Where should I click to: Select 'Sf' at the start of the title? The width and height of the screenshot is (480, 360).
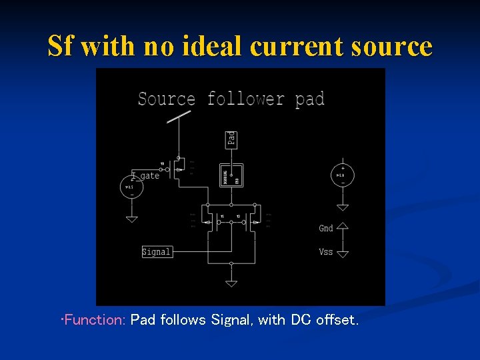coord(59,47)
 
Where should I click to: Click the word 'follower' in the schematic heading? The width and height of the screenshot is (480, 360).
coord(245,99)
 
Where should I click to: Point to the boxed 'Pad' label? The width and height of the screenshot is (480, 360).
coord(231,139)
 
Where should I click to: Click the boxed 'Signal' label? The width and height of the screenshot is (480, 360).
coord(157,251)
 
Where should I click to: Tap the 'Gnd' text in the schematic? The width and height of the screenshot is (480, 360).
coord(326,228)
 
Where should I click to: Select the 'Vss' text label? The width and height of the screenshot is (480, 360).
coord(326,252)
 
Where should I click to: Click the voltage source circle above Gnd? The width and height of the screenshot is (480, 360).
coord(343,175)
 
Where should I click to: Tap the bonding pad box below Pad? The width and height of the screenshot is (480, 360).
coord(231,175)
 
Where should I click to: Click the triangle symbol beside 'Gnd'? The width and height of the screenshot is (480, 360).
coord(343,227)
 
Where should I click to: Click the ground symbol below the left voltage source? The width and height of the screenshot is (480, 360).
coord(131,218)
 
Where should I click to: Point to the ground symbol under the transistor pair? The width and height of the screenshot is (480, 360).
coord(231,283)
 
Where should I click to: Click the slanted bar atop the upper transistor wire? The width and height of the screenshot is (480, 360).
coord(178,117)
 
